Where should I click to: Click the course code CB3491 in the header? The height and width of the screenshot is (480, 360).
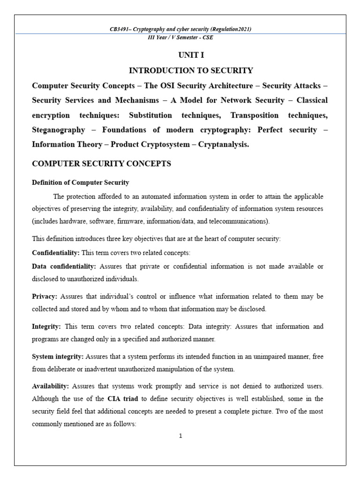point(119,30)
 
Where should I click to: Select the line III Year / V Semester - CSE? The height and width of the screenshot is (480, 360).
point(180,37)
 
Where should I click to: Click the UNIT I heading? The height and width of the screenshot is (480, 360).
point(191,55)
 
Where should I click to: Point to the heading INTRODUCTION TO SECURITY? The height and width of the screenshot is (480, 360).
point(191,71)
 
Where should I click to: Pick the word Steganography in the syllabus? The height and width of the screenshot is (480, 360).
point(59,130)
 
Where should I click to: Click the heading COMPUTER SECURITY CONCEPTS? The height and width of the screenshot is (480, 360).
point(101,164)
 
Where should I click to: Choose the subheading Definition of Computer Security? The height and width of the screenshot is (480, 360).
point(80,182)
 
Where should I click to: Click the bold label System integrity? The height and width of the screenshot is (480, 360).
point(58,357)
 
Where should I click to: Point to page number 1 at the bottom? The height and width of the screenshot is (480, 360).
point(180,436)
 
